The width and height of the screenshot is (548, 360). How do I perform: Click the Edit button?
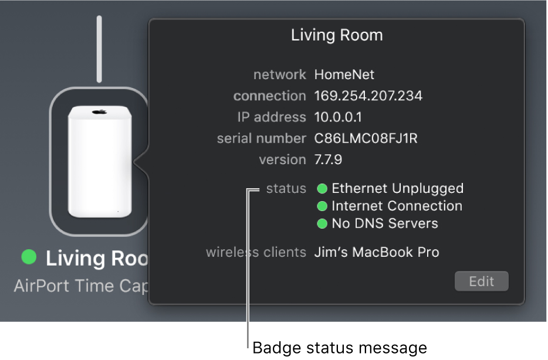(x=481, y=281)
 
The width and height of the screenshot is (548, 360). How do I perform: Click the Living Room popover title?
(x=337, y=35)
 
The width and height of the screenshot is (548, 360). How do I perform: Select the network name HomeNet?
(x=344, y=74)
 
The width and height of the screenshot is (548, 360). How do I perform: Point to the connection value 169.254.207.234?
(x=368, y=96)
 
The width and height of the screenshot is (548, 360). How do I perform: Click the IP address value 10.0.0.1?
(x=338, y=117)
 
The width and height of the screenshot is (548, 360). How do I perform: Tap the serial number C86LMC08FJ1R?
(x=366, y=138)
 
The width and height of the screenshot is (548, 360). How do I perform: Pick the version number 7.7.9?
(x=328, y=159)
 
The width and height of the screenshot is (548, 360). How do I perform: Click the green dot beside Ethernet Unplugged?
(x=322, y=189)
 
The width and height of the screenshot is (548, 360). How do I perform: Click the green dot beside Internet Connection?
(x=322, y=206)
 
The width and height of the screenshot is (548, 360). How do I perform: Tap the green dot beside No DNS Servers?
(x=322, y=223)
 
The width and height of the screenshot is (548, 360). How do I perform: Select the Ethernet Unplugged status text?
(x=397, y=189)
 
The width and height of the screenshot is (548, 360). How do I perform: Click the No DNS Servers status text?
(x=385, y=223)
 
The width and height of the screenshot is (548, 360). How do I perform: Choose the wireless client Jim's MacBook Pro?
(x=377, y=252)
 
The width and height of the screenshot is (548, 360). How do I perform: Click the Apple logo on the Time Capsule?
(x=99, y=112)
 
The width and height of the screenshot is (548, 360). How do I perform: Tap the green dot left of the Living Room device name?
(x=29, y=257)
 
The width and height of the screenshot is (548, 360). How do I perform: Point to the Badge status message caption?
(x=339, y=348)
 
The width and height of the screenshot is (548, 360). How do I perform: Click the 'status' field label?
(x=286, y=189)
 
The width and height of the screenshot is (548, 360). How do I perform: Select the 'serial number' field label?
(x=262, y=138)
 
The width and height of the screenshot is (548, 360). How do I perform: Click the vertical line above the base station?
(x=99, y=49)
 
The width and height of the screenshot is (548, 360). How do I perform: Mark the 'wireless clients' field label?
(x=256, y=252)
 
